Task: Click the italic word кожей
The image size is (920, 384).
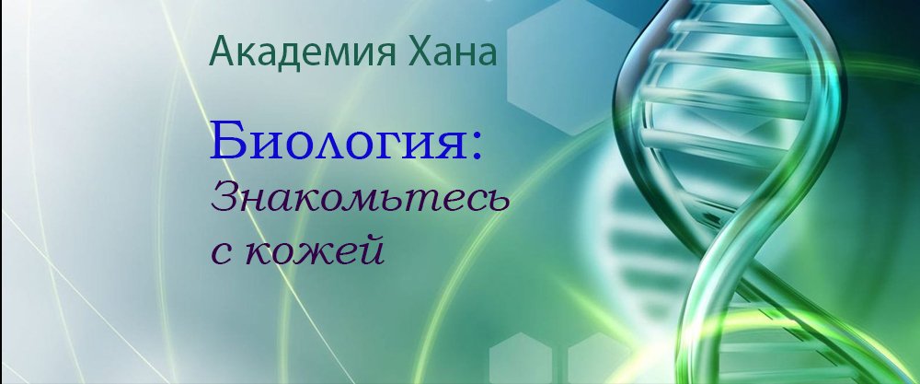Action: (x=318, y=249)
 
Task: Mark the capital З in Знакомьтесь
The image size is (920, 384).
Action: (x=227, y=196)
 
